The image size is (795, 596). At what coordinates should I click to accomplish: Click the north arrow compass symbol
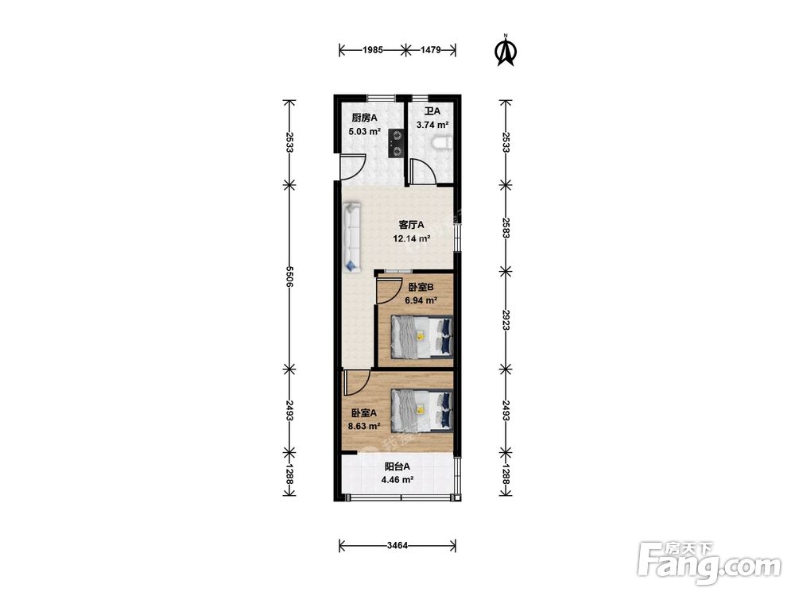[506, 51]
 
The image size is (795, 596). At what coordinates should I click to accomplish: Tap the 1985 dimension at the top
[373, 49]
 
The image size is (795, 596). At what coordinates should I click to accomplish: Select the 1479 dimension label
[430, 49]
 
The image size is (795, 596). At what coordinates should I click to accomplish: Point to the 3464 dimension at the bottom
[397, 545]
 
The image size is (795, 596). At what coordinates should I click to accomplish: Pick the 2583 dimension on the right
[506, 227]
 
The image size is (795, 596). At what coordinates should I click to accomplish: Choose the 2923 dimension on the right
[506, 320]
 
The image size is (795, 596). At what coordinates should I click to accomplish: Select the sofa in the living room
[351, 237]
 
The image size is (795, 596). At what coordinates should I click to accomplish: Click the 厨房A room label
[365, 118]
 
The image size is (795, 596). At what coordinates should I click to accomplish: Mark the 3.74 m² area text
[432, 125]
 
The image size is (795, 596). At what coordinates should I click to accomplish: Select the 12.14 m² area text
[412, 238]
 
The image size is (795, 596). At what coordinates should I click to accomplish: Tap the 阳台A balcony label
[397, 466]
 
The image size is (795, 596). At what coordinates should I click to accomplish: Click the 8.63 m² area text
[364, 426]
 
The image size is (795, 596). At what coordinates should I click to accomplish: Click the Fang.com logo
[709, 563]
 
